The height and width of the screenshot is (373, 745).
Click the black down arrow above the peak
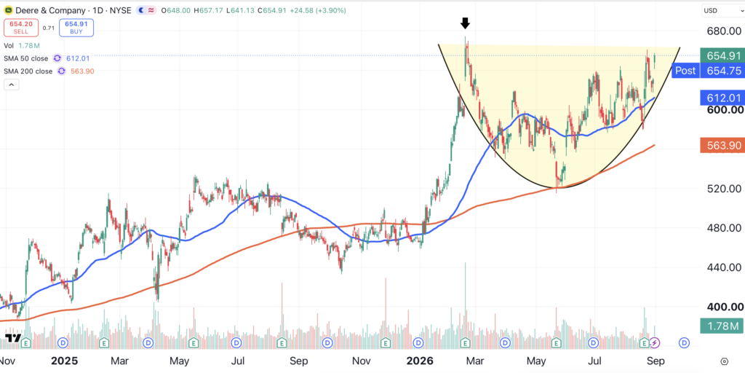click(466, 23)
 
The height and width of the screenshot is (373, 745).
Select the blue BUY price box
click(76, 28)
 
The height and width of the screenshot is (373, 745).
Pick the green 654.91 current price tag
click(721, 55)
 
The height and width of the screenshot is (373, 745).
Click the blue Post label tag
click(685, 71)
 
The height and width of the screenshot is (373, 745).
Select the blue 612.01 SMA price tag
click(721, 98)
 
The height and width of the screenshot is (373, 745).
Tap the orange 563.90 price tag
click(721, 146)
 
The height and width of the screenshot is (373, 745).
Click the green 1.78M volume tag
click(721, 326)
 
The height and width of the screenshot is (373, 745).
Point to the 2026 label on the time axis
click(420, 361)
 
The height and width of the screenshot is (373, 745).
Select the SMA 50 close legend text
click(26, 58)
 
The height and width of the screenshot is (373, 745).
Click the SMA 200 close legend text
click(28, 71)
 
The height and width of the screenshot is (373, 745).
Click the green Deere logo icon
click(8, 10)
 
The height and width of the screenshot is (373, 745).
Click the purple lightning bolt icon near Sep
click(655, 342)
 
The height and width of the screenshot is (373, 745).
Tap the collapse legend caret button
click(11, 85)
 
